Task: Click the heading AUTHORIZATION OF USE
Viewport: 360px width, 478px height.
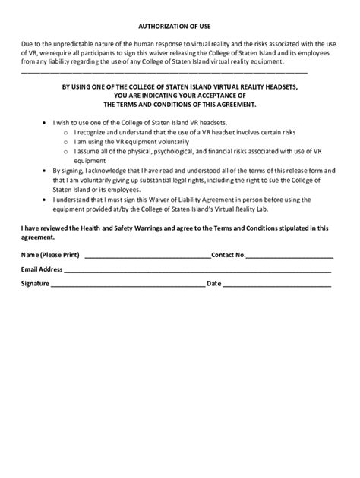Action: tap(180, 25)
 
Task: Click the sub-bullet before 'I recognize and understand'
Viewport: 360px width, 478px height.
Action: tap(65, 132)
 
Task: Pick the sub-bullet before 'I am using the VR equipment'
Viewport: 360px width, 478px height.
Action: tap(65, 142)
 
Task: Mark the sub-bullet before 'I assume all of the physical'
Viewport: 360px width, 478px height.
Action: tap(65, 152)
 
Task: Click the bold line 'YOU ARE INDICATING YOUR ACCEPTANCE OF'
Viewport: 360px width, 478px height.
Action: tap(179, 96)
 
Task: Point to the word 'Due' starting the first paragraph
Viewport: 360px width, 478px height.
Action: tap(27, 45)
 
